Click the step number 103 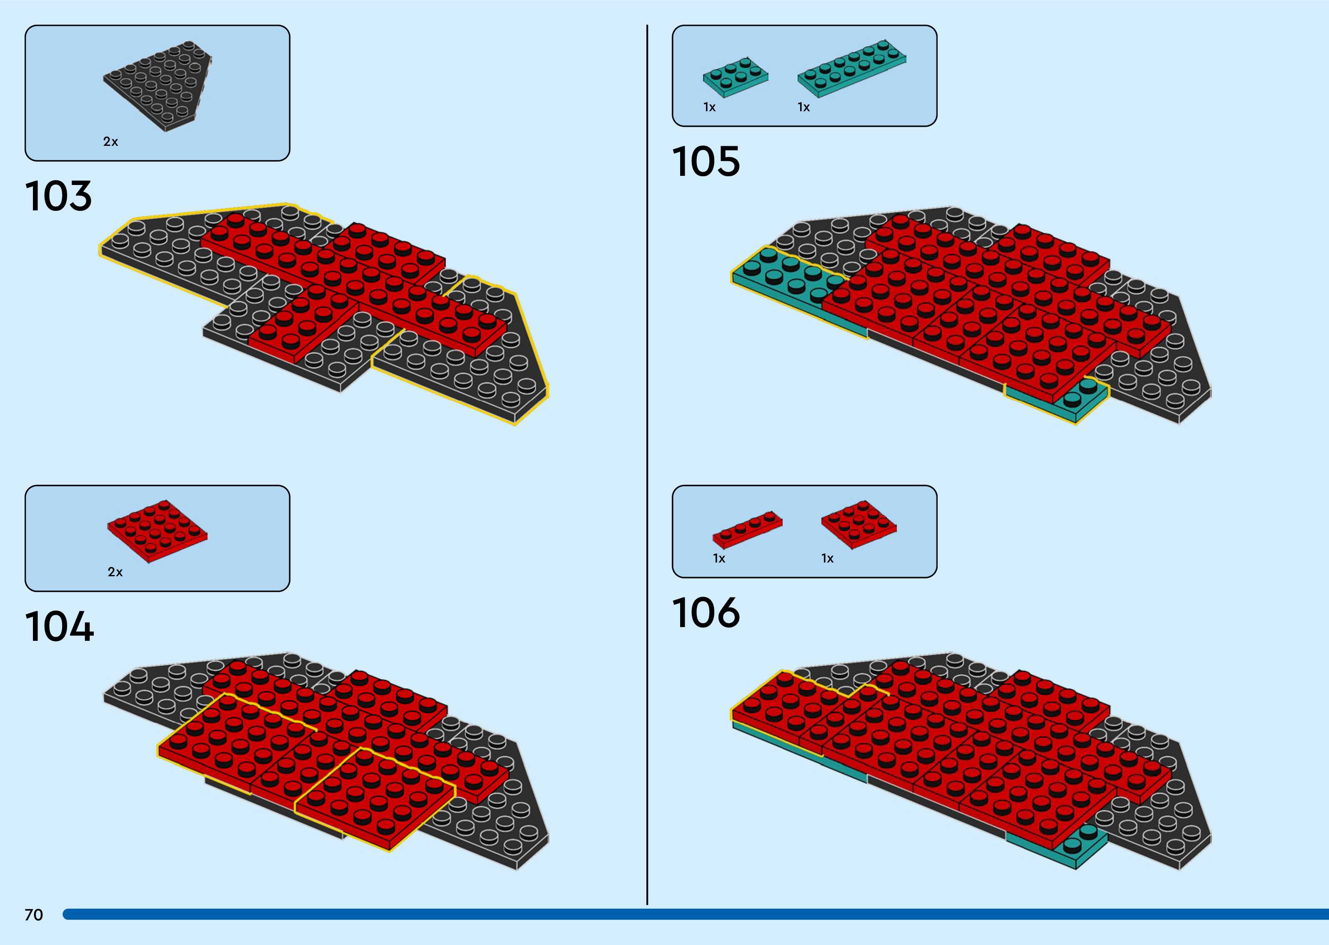58,196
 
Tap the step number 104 59,627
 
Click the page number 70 34,915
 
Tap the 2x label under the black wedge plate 110,141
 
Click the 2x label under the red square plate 115,572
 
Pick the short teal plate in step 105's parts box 736,76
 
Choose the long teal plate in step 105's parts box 852,67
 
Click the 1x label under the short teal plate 709,107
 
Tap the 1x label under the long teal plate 803,107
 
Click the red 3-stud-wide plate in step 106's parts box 858,524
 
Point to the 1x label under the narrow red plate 719,559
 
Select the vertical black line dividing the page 647,465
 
